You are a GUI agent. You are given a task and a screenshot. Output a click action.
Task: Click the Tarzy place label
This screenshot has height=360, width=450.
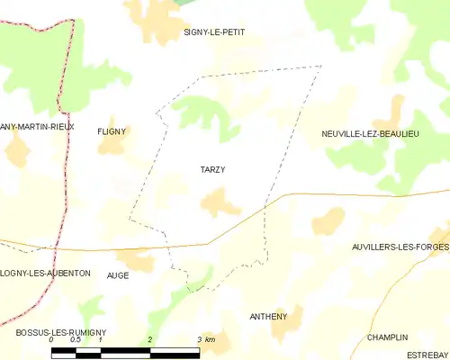point(212,169)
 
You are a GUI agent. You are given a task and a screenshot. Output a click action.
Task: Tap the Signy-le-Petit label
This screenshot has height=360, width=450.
point(214,32)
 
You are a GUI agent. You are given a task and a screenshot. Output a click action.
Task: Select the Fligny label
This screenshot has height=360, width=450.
point(112,130)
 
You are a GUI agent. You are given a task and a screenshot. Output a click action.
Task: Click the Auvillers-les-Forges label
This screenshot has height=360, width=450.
point(400,247)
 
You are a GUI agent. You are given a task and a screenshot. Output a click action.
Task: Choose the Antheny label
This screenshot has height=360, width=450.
point(268,316)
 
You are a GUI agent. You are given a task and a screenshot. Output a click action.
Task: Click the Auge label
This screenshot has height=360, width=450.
point(117,275)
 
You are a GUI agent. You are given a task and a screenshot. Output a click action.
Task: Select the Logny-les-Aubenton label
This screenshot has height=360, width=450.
point(45,273)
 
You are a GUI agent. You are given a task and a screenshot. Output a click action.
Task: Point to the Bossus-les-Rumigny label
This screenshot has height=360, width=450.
point(61,332)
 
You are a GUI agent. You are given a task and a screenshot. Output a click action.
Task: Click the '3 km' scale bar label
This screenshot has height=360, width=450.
point(205,340)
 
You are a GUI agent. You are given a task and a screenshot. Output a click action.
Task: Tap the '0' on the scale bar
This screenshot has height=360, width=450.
point(51,340)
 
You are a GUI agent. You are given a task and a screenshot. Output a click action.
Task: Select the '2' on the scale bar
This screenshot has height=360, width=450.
point(149,340)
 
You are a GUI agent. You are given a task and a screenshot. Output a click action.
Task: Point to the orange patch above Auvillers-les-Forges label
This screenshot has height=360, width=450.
point(328,220)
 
